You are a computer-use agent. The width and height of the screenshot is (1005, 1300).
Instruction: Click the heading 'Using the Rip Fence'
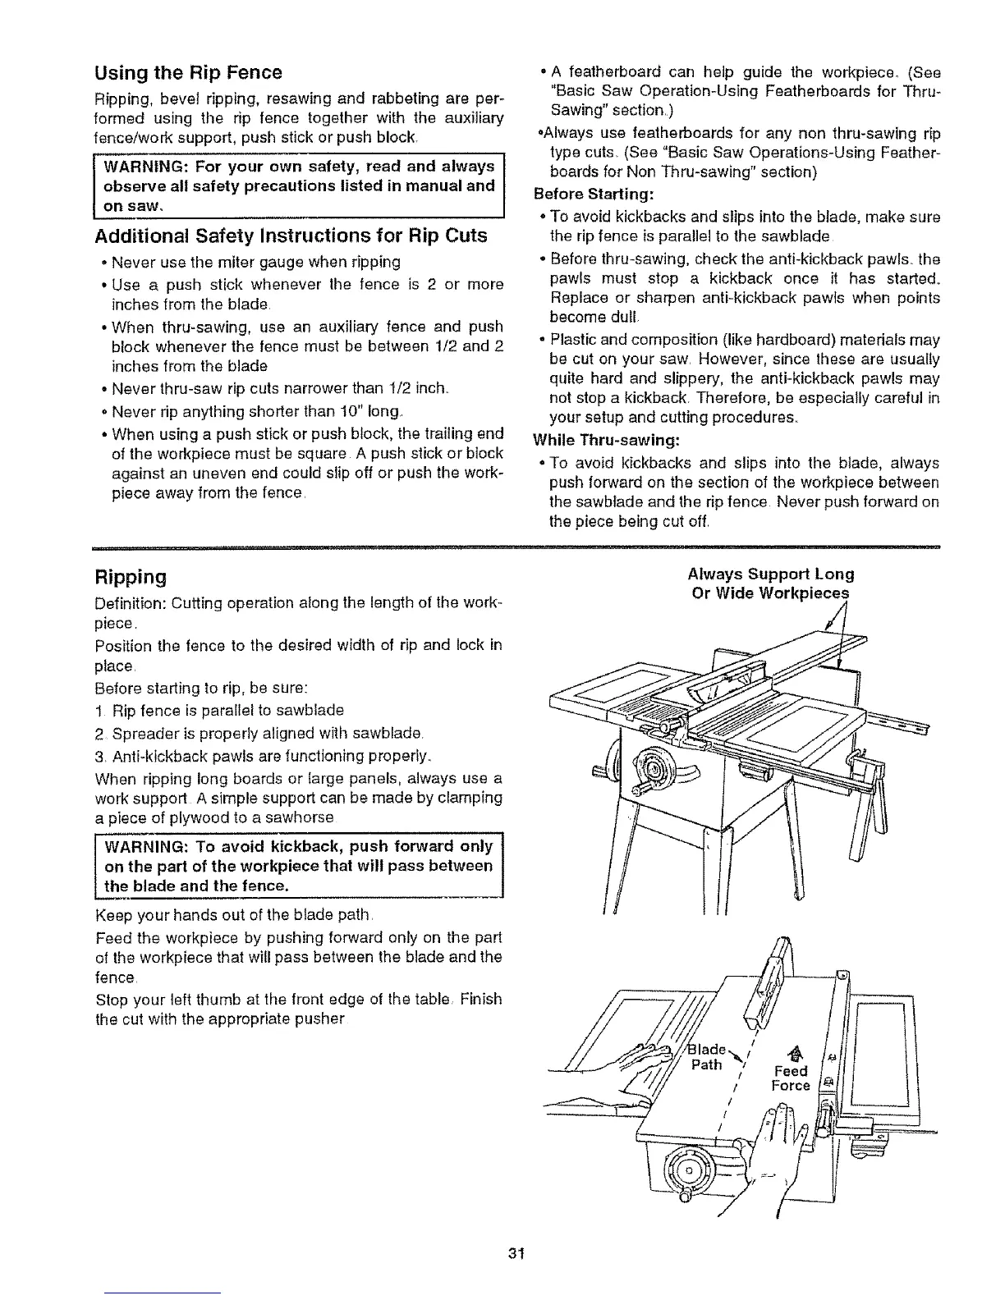click(x=188, y=72)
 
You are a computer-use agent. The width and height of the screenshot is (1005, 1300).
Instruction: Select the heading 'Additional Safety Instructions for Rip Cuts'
click(x=291, y=236)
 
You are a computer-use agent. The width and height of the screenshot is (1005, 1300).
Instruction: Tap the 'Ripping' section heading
click(x=131, y=576)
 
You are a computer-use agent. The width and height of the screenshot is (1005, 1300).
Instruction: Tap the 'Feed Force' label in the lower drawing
click(x=791, y=1078)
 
